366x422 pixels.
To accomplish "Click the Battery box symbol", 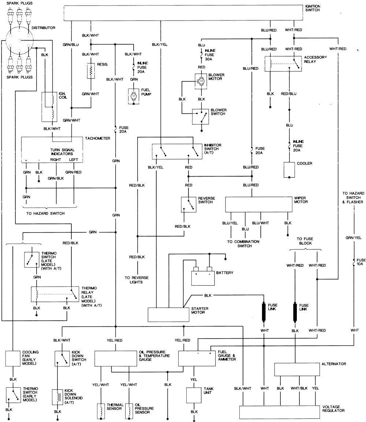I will (x=202, y=277).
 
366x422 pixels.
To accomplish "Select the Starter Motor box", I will (x=168, y=314).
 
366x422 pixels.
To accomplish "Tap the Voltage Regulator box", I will (x=279, y=412).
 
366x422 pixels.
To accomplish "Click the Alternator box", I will (x=296, y=369).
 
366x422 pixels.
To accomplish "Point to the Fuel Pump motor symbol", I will (x=134, y=96).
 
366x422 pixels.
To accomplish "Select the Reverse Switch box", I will (x=188, y=205).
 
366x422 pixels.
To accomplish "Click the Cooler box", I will (x=289, y=169).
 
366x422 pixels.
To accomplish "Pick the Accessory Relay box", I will (x=282, y=63).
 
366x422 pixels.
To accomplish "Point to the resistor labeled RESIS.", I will (x=91, y=71).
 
